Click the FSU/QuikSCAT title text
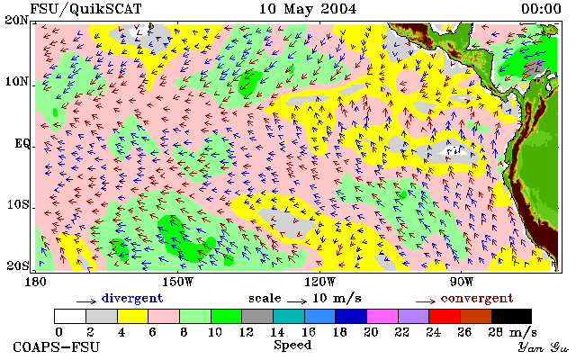point(85,9)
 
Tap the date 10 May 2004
point(308,9)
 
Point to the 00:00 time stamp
point(541,9)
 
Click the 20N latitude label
point(17,20)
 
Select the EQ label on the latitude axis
point(22,143)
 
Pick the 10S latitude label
point(18,204)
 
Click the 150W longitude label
point(178,282)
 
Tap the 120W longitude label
point(319,282)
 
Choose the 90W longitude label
point(462,282)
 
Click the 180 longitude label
point(35,282)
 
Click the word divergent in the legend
point(132,298)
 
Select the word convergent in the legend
point(477,298)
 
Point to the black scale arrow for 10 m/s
point(297,301)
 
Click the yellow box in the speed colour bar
point(133,316)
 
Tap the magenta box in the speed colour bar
point(382,316)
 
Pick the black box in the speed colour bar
point(511,316)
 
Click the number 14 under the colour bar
point(277,332)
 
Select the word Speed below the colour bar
point(292,346)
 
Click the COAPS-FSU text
point(57,346)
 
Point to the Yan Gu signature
point(543,347)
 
